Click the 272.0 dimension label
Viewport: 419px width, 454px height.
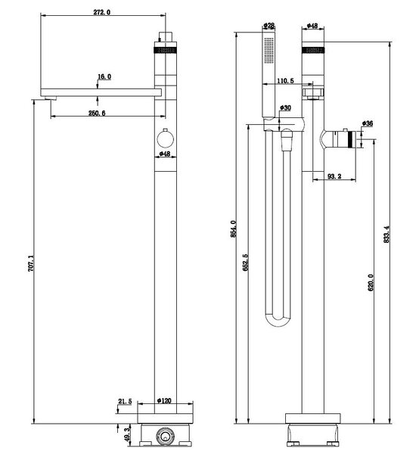click(102, 12)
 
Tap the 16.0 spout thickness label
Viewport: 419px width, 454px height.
click(104, 76)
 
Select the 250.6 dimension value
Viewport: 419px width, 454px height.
click(97, 113)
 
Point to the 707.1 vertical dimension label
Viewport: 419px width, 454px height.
click(31, 263)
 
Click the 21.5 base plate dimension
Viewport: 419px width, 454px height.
click(125, 401)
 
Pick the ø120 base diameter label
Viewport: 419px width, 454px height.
click(164, 401)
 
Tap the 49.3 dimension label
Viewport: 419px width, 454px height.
click(127, 435)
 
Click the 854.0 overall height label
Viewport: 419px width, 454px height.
click(234, 229)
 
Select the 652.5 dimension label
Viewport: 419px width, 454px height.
click(245, 263)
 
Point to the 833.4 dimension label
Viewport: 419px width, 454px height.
click(386, 235)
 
